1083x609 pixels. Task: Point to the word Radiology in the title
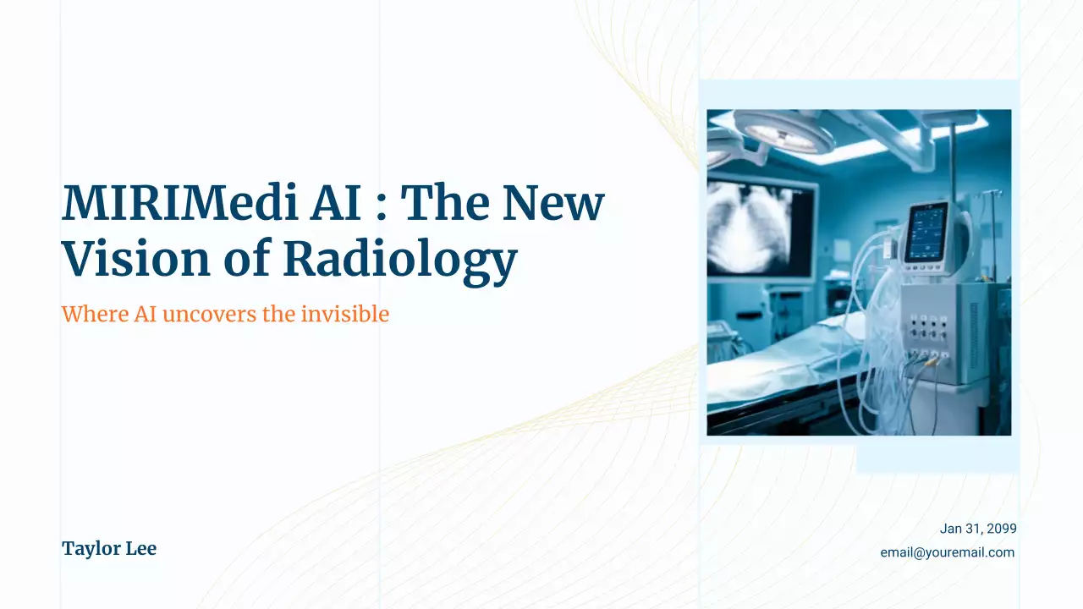click(399, 259)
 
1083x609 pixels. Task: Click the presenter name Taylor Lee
click(109, 548)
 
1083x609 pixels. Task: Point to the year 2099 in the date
click(1001, 529)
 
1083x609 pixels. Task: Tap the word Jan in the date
click(951, 529)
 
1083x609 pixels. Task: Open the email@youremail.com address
click(947, 552)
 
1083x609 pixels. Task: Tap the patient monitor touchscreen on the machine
click(926, 233)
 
